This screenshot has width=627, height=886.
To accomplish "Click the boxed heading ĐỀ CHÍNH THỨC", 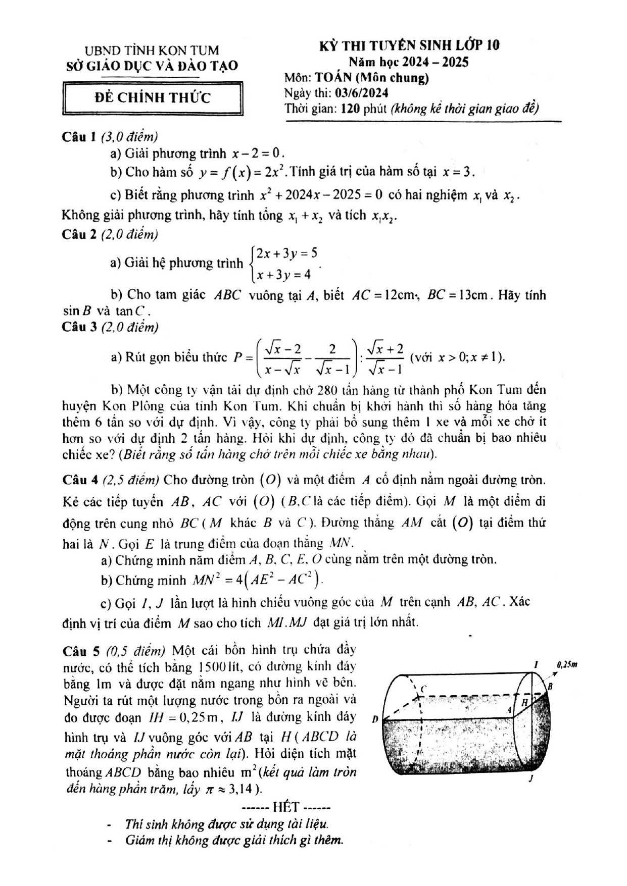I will coord(153,98).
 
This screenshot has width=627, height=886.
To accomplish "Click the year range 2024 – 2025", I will coord(439,62).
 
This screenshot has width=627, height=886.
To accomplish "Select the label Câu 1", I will coord(79,136).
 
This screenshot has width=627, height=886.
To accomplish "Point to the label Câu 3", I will coord(79,327).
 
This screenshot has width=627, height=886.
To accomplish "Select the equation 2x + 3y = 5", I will coord(286,252).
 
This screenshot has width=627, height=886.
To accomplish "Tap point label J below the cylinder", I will coord(530,779).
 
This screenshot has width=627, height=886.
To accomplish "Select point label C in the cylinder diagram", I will coord(423,688).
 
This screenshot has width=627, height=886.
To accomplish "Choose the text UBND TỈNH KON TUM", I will coord(152,50).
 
